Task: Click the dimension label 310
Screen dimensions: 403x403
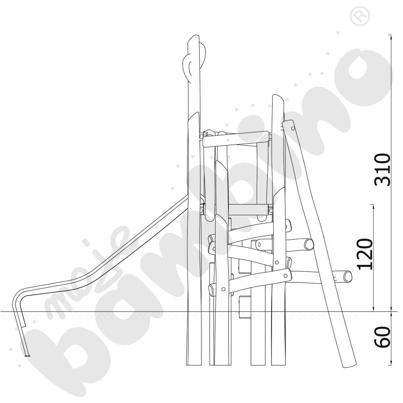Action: click(383, 170)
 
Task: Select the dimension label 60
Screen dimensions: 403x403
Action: click(383, 337)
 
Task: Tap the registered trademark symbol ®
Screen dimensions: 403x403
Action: click(359, 17)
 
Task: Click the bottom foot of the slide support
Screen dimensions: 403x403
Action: click(27, 356)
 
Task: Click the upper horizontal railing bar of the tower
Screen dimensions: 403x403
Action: click(236, 139)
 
